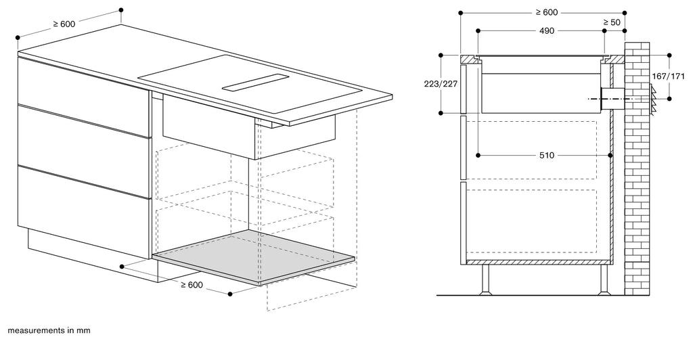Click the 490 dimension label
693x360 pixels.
[547, 31]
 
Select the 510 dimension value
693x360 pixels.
[547, 156]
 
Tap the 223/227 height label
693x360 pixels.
[441, 84]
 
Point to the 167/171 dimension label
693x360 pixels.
[668, 76]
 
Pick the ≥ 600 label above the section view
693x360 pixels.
[547, 12]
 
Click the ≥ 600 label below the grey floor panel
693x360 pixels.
[192, 285]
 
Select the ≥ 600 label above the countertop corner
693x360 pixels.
[64, 24]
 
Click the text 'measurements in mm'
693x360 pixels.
[49, 330]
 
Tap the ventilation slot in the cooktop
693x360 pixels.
[255, 82]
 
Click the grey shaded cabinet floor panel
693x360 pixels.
[254, 256]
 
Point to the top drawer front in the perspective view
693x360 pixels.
[84, 83]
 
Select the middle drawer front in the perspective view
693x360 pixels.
[84, 137]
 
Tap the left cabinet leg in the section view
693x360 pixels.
[486, 279]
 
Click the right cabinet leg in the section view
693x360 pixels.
[604, 279]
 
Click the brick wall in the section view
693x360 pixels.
[637, 168]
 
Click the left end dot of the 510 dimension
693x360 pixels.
[478, 156]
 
